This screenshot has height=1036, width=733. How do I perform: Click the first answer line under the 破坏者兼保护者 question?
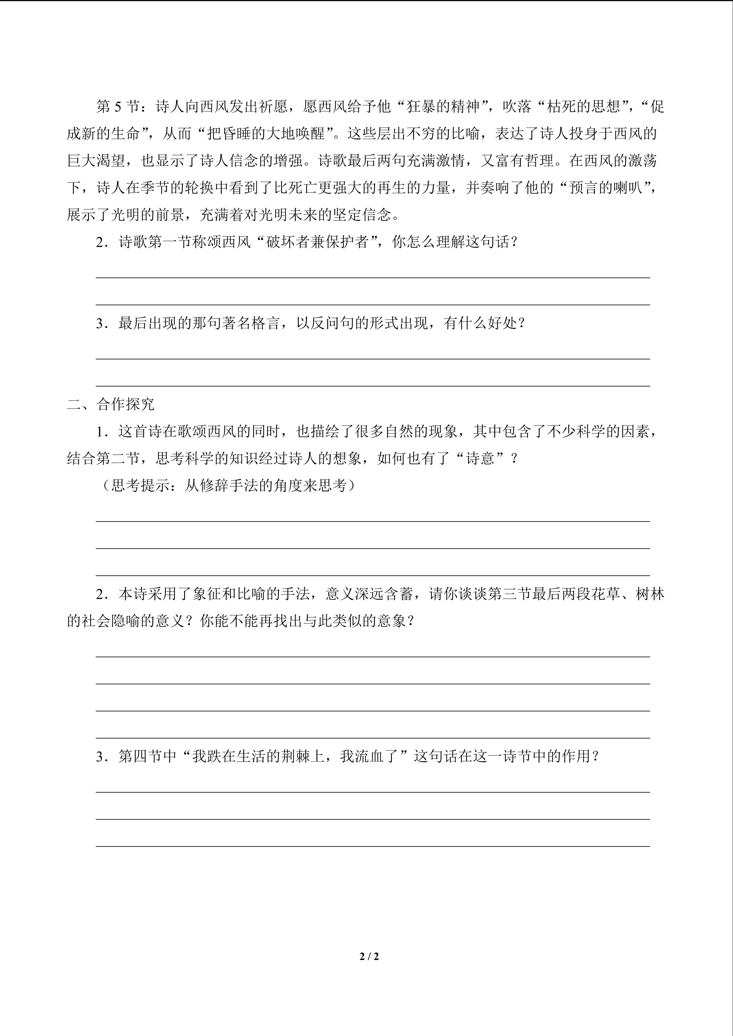tap(373, 278)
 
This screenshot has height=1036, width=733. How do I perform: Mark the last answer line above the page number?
tap(373, 846)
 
